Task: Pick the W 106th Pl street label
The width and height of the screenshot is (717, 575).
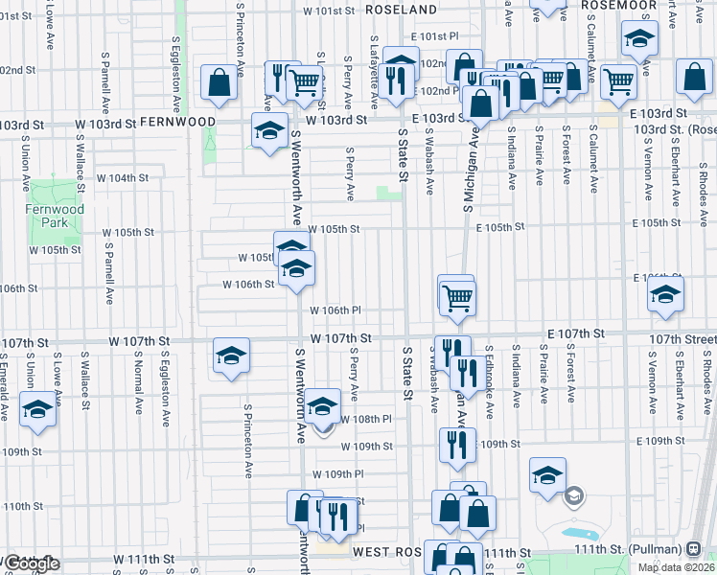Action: (x=335, y=310)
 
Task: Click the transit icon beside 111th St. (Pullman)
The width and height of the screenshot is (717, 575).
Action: (x=693, y=549)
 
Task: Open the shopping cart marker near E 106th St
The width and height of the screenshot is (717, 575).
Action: (x=457, y=297)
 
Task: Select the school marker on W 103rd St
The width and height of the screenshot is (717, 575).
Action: (x=270, y=130)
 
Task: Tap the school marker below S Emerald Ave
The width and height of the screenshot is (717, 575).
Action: (x=37, y=410)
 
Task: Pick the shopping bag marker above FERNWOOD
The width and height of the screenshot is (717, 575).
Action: (x=220, y=82)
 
